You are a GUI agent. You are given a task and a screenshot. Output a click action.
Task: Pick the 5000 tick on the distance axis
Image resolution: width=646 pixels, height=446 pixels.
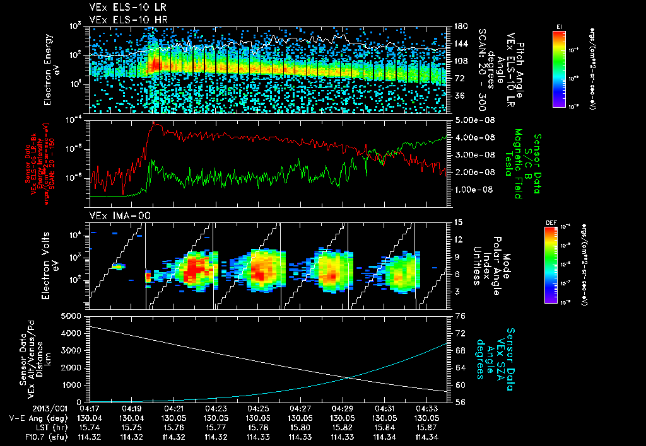tap(72, 315)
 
